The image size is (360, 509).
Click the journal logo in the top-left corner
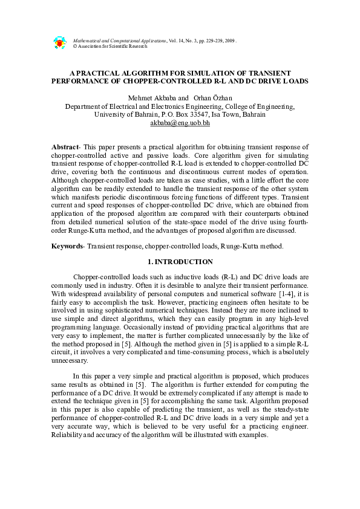(59, 42)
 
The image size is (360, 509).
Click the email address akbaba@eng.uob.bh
(180, 123)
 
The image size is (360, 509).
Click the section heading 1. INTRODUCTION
(180, 262)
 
